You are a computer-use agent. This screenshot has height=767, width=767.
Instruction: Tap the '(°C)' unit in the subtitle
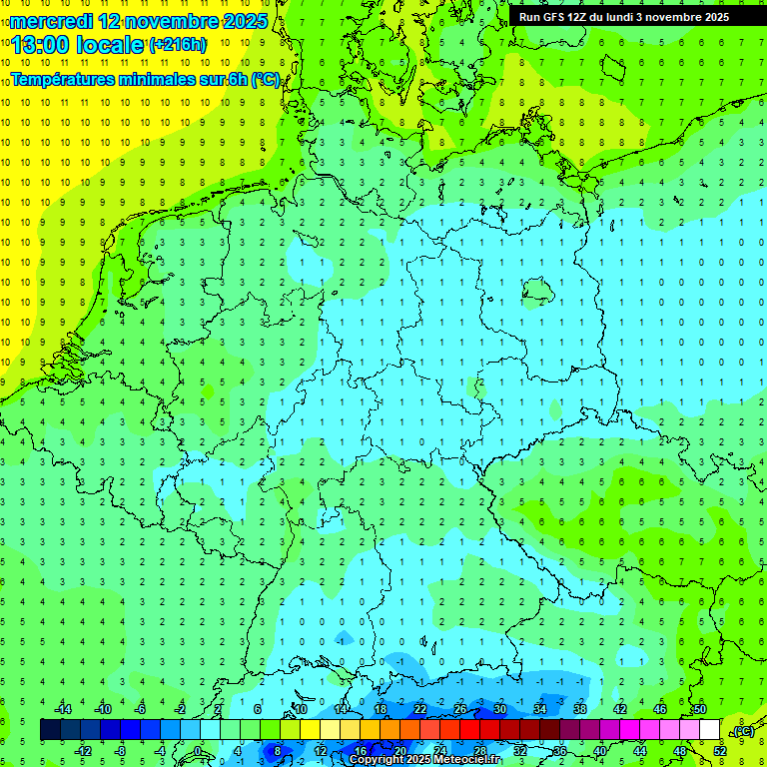[x=265, y=79]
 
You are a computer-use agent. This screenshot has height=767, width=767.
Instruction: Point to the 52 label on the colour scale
[x=720, y=751]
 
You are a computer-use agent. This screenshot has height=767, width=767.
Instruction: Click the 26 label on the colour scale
[x=460, y=709]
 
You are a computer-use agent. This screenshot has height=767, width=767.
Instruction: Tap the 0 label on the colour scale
[x=199, y=751]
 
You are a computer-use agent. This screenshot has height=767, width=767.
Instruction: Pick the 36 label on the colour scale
[x=560, y=751]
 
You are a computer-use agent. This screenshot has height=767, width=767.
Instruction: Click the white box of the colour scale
[x=710, y=730]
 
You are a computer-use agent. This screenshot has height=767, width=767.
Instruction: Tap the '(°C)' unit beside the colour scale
[x=742, y=731]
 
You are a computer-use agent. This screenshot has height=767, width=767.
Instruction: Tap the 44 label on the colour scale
[x=640, y=751]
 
